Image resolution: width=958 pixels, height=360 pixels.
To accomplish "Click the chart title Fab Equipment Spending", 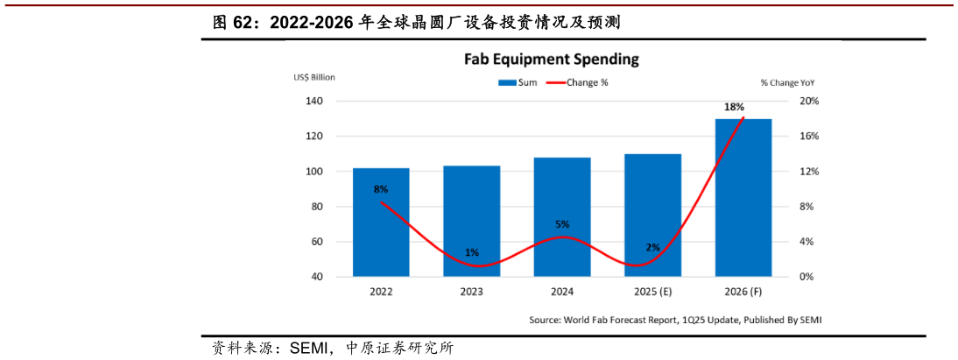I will point(551,60).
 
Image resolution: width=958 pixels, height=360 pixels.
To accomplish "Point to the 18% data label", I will point(734,107).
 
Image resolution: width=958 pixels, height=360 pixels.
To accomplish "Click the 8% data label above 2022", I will point(380,189).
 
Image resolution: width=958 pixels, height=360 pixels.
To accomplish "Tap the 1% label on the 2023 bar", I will point(472,252).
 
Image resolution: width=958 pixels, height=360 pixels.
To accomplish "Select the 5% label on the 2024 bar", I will point(562,224).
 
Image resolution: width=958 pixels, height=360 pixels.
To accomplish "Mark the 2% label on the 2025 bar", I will point(652,247).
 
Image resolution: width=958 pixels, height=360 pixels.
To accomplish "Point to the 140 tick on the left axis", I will point(314,102).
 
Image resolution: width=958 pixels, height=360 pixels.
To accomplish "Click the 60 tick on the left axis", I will point(317,242).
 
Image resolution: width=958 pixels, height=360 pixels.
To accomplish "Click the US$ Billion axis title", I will point(314,77).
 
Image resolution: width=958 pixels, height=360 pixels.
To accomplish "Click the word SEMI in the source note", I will point(803,321).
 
